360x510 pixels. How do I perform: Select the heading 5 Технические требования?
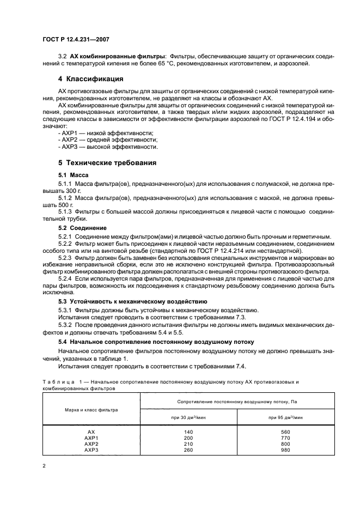point(107,162)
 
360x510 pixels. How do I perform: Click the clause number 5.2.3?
point(68,256)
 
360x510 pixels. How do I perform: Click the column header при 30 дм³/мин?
point(188,417)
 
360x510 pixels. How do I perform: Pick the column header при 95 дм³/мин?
point(285,417)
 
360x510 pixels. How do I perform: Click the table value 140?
point(188,431)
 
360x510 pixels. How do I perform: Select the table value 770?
point(285,438)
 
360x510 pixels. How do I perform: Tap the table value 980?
point(285,450)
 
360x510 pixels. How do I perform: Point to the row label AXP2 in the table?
point(91,444)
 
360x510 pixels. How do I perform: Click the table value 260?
point(188,450)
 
